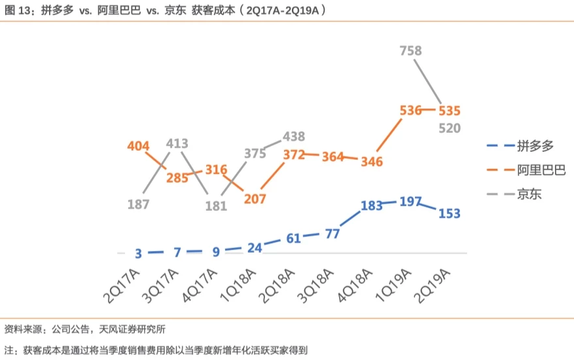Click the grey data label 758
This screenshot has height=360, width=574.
pos(411,50)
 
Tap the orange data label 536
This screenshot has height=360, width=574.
pos(411,110)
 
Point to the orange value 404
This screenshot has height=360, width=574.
pos(138,146)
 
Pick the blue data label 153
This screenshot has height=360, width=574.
pos(450,213)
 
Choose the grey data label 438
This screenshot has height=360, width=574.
pos(294,137)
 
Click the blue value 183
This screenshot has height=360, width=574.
pos(372,206)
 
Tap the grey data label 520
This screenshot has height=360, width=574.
pos(450,128)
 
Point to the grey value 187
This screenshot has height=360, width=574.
pos(139,204)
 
